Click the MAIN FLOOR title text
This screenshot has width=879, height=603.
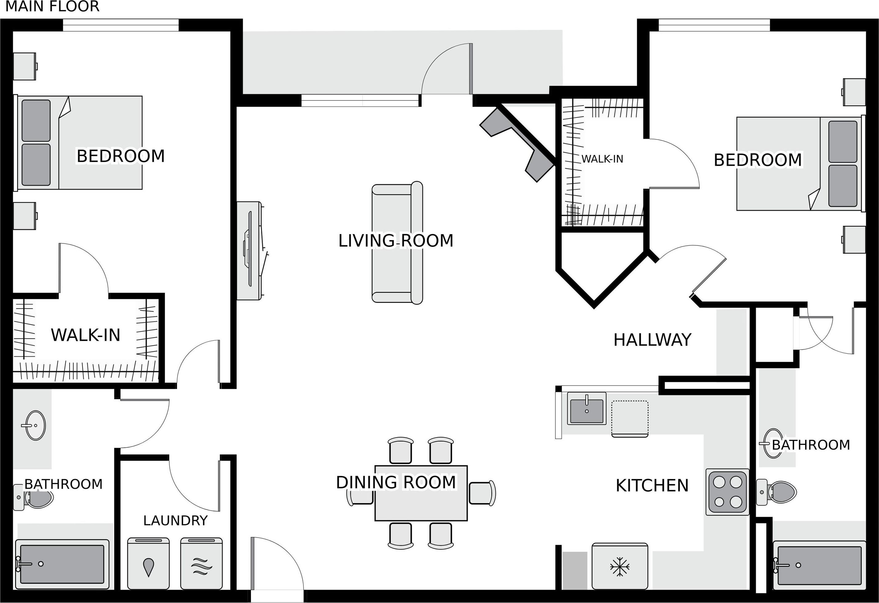tap(52, 6)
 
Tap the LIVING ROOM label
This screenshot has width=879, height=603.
tap(396, 241)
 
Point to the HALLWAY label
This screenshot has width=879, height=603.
tap(652, 340)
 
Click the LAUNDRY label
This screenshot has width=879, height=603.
tap(175, 521)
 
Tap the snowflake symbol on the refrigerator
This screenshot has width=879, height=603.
tap(619, 567)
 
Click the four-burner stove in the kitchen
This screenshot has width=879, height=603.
tap(727, 492)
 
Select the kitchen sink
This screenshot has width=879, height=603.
tap(587, 408)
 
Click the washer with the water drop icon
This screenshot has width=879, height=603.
tap(148, 563)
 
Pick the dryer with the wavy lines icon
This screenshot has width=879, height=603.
tap(202, 563)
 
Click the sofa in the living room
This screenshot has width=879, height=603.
tap(397, 243)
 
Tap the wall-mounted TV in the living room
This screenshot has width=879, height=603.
tap(250, 251)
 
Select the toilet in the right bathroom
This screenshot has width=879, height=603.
tap(776, 492)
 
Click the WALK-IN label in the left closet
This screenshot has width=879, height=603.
tap(85, 335)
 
